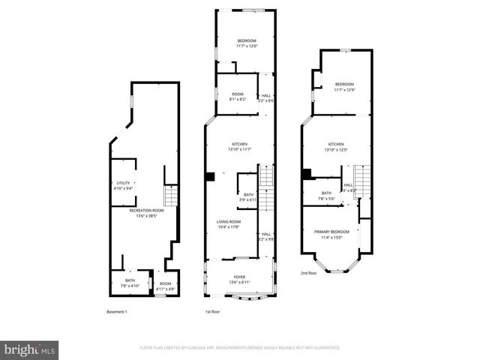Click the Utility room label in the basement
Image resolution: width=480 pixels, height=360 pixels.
(124, 185)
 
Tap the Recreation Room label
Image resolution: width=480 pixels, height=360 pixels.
(146, 213)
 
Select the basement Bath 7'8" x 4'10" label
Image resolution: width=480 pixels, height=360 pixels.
(130, 283)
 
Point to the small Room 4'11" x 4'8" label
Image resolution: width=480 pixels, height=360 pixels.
(166, 286)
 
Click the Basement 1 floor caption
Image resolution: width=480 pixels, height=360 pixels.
(117, 311)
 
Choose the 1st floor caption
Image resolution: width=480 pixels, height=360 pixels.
(212, 311)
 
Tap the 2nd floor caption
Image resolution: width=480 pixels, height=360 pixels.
(309, 274)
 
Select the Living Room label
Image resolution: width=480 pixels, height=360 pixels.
(229, 224)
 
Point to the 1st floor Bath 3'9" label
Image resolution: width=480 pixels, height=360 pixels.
(247, 197)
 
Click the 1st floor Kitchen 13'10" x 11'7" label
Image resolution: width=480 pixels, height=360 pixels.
(239, 147)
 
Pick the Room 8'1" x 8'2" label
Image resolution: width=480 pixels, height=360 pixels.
(237, 97)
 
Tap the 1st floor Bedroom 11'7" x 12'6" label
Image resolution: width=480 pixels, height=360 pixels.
(247, 43)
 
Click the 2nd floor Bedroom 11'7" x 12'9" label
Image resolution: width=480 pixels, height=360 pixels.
(344, 86)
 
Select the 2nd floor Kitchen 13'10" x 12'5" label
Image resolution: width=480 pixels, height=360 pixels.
(336, 147)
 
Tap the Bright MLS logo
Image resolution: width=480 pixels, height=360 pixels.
(30, 349)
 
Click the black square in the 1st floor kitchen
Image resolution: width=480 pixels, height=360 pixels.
(211, 177)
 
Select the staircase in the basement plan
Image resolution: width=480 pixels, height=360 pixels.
(170, 196)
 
